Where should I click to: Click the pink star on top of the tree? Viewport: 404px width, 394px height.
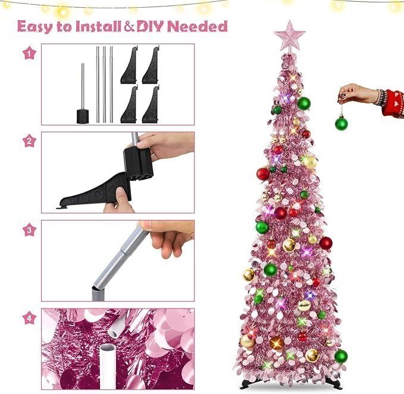click(290, 36)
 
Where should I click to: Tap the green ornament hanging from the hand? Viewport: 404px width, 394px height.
click(342, 123)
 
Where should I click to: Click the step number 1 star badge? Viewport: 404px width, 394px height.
click(29, 53)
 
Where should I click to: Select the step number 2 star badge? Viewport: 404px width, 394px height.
click(29, 141)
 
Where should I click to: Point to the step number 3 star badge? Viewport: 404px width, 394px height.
click(29, 230)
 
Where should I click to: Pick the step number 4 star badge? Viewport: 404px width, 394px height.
click(29, 319)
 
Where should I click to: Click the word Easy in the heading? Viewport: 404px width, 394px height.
click(35, 27)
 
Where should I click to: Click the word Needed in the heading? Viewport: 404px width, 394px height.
click(198, 26)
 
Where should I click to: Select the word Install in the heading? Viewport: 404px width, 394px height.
click(98, 26)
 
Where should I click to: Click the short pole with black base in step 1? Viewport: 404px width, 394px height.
click(83, 94)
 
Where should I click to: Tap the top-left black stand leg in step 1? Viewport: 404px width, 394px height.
click(129, 65)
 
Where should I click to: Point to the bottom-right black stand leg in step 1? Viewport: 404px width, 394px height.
click(151, 105)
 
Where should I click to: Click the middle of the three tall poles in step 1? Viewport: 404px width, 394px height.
click(104, 84)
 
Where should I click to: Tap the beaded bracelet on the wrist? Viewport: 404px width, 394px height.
click(380, 97)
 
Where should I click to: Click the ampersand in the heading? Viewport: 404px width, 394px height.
click(129, 26)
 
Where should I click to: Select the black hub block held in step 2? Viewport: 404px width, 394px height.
click(139, 163)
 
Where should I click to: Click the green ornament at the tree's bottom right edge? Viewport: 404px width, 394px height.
click(341, 356)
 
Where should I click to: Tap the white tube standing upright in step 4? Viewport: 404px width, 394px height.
click(108, 367)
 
